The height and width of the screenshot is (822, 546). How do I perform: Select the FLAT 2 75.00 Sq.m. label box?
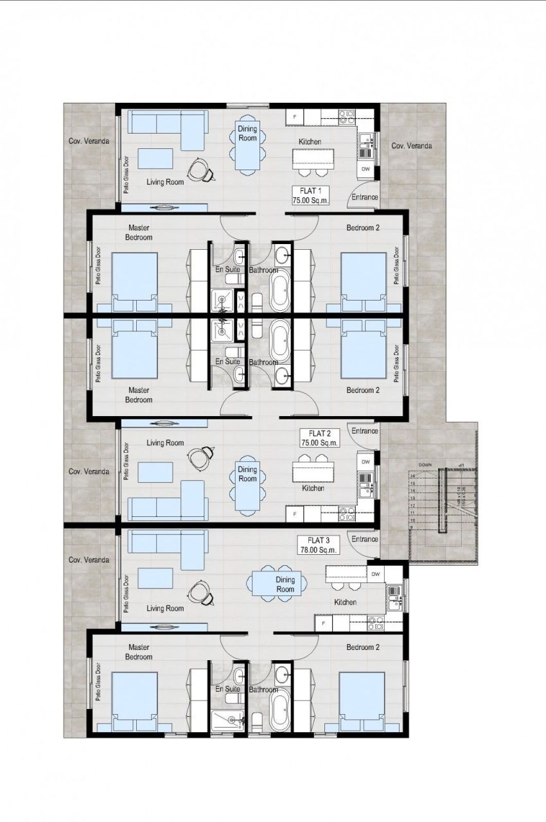click(x=319, y=438)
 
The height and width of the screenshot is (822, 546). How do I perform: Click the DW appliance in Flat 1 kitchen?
click(x=366, y=170)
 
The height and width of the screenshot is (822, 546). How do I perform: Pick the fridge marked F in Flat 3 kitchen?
click(x=323, y=623)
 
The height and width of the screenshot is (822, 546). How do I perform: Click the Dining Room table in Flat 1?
click(x=247, y=147)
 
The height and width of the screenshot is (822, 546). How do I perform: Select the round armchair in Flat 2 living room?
click(x=200, y=457)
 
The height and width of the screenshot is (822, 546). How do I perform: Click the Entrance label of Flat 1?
click(x=364, y=198)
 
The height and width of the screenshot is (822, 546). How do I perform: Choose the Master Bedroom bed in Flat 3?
click(x=134, y=700)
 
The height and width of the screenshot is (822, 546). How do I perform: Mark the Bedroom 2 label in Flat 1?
click(x=363, y=228)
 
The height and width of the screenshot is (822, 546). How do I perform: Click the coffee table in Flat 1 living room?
click(x=155, y=159)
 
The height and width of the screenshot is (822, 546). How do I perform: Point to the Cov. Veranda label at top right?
click(x=412, y=146)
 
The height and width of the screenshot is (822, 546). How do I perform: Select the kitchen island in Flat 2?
click(x=313, y=473)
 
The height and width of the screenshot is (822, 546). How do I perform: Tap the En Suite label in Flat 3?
click(x=227, y=689)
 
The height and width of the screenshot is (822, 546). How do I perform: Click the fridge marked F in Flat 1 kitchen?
click(x=295, y=117)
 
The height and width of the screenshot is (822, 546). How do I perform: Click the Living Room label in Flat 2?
click(x=165, y=442)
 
